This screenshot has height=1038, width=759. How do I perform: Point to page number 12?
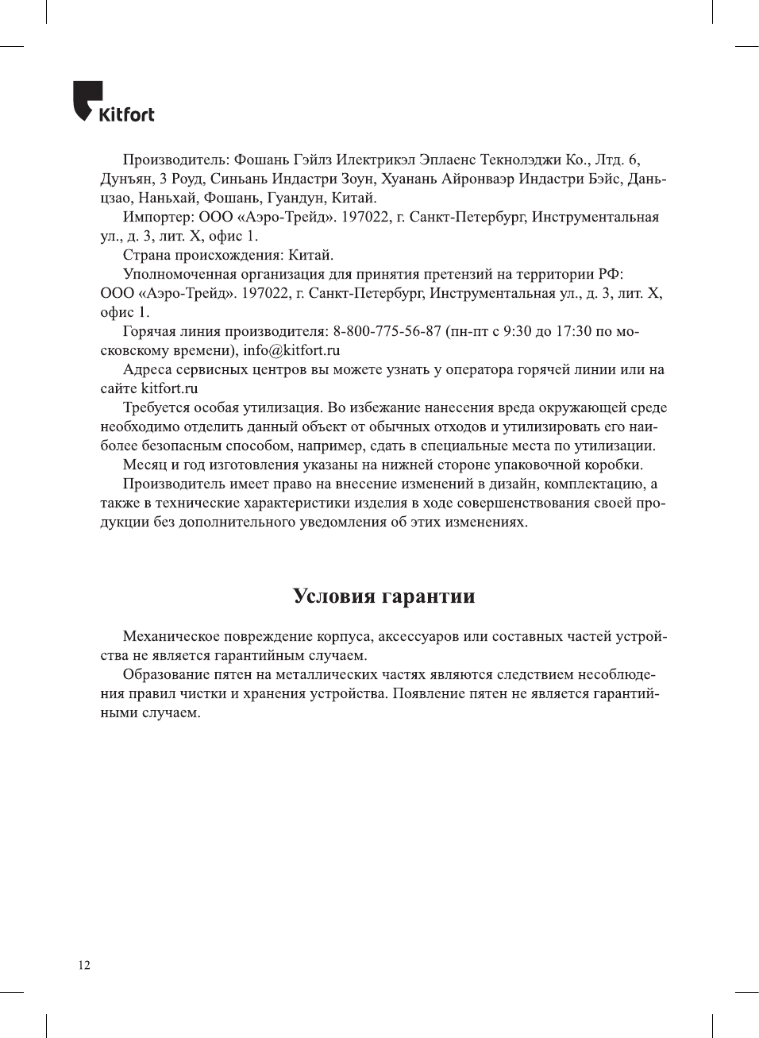(84, 965)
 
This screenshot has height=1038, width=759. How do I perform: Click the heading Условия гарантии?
(383, 596)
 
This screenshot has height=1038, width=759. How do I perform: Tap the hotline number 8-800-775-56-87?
(387, 331)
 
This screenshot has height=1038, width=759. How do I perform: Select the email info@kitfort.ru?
(291, 350)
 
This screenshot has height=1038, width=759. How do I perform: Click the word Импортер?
(158, 217)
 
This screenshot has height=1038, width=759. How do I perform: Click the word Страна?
(147, 255)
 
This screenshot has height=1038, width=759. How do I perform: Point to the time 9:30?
(518, 331)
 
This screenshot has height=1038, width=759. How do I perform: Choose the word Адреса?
(148, 369)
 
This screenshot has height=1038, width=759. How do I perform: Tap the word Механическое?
(171, 636)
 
